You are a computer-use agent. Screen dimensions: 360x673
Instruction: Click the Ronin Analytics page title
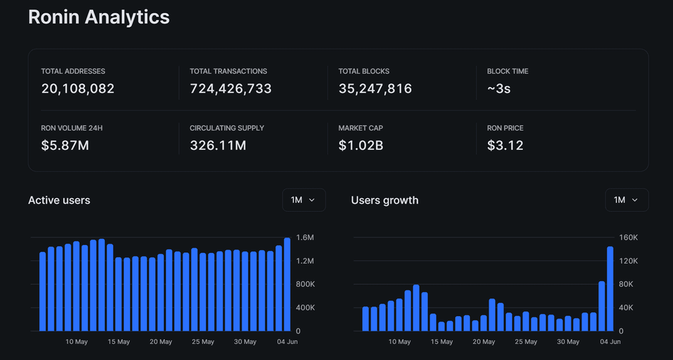(x=99, y=17)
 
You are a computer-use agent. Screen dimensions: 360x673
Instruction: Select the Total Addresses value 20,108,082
(x=77, y=88)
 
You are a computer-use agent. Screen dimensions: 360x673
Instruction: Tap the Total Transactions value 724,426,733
(x=231, y=88)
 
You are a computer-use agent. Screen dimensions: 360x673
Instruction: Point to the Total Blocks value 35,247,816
(x=375, y=88)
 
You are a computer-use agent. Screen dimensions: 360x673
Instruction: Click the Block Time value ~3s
(x=499, y=88)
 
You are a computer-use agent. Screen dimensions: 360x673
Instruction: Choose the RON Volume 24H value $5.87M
(x=65, y=145)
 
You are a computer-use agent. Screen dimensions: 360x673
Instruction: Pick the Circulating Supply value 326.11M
(x=217, y=145)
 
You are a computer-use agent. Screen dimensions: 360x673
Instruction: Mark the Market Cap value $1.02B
(x=361, y=145)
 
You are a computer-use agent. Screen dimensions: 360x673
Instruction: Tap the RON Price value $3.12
(x=505, y=145)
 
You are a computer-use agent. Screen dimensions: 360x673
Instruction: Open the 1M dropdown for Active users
(x=304, y=200)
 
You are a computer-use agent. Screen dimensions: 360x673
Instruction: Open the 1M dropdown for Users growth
(x=627, y=200)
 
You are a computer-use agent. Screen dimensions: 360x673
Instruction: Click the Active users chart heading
(x=59, y=200)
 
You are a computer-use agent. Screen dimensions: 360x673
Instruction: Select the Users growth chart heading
(x=385, y=200)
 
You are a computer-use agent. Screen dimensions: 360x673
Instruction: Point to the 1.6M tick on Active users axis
(x=305, y=238)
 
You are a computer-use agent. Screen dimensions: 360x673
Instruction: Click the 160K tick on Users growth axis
(x=628, y=238)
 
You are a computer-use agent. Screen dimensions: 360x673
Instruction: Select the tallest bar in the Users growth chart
(x=610, y=289)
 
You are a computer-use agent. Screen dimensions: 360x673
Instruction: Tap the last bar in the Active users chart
(x=287, y=284)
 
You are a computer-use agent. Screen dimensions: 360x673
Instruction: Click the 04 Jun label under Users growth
(x=610, y=342)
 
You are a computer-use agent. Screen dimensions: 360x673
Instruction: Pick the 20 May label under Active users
(x=161, y=342)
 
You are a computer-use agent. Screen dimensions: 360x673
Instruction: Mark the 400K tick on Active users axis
(x=305, y=308)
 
